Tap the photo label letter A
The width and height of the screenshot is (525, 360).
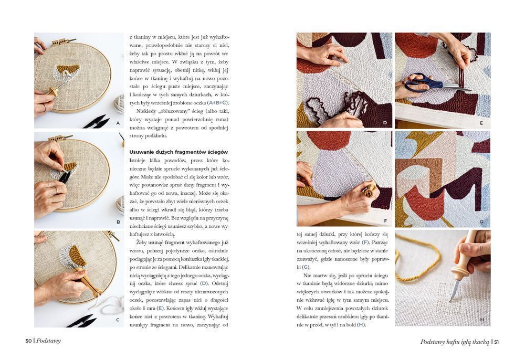pyautogui.click(x=118, y=123)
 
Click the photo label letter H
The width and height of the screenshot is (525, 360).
pyautogui.click(x=482, y=320)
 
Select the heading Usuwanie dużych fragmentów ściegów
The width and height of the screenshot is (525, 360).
pyautogui.click(x=179, y=152)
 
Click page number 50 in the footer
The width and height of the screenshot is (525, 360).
pyautogui.click(x=28, y=341)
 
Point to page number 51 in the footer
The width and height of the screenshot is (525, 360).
pyautogui.click(x=497, y=342)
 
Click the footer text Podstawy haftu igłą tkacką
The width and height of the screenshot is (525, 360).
pyautogui.click(x=455, y=342)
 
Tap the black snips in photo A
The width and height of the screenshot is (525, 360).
pyautogui.click(x=97, y=122)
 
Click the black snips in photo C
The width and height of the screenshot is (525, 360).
pyautogui.click(x=82, y=321)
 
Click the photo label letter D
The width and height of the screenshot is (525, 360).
pyautogui.click(x=385, y=123)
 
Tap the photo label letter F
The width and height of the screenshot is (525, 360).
pyautogui.click(x=385, y=221)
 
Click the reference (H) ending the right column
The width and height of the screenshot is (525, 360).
pyautogui.click(x=361, y=325)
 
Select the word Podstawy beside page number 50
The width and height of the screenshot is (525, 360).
pyautogui.click(x=48, y=341)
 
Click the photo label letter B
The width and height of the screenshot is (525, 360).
pyautogui.click(x=118, y=222)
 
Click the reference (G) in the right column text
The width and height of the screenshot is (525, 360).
pyautogui.click(x=306, y=267)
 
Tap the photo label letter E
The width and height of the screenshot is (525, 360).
pyautogui.click(x=481, y=123)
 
